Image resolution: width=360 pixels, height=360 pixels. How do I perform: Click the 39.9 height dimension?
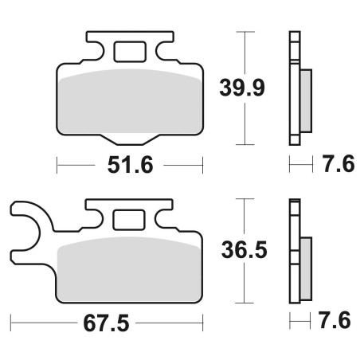pos(242,88)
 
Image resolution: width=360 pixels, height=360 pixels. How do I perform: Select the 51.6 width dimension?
pos(130,165)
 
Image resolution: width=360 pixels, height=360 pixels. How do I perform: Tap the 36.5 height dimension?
pos(244,250)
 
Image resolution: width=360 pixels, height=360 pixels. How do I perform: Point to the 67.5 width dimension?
pos(106,323)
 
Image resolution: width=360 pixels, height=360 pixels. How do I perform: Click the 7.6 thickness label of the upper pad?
pos(339,164)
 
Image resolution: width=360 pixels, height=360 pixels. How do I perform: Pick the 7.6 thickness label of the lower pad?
pos(335,320)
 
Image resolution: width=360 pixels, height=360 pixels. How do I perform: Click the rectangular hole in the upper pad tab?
pos(130,52)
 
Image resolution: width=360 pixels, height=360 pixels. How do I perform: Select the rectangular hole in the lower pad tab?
pos(129,220)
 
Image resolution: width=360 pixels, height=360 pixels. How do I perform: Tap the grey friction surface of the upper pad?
pos(131,102)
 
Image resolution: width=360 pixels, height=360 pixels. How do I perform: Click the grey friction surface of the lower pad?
pos(130,269)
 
